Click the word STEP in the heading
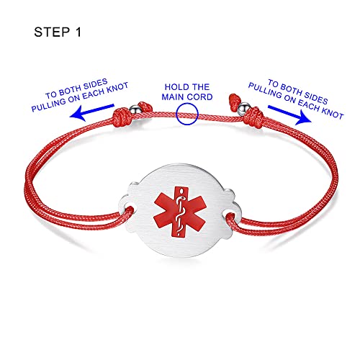click(52, 32)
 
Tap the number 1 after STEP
click(78, 32)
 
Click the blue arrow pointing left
click(91, 112)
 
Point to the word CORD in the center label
click(200, 97)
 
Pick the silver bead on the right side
click(243, 108)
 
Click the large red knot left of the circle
click(123, 117)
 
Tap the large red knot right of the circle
click(254, 117)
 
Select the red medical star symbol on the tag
click(180, 212)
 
